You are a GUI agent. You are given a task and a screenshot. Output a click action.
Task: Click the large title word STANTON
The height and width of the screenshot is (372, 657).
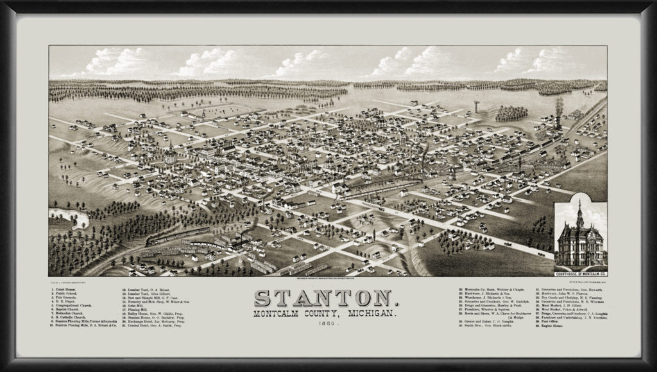328,297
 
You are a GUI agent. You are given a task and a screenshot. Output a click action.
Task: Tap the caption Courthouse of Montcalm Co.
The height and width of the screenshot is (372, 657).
580,272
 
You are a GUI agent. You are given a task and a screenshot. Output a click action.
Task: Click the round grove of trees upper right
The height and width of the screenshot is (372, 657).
511,114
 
